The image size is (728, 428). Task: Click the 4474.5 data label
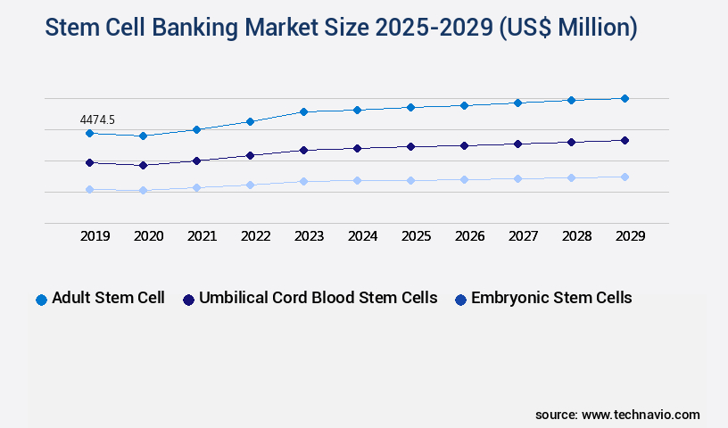[97, 119]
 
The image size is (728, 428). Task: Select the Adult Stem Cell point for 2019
[89, 134]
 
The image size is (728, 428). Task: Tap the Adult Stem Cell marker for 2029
[625, 98]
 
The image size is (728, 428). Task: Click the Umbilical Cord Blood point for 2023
[303, 150]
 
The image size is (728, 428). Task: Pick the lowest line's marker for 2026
[464, 179]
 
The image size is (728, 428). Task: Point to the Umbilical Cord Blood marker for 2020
[143, 165]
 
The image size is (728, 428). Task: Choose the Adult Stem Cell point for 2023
[303, 111]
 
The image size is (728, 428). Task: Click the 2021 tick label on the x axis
[202, 236]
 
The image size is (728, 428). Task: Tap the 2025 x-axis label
[416, 236]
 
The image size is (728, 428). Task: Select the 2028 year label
[576, 236]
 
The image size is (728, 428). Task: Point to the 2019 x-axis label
[95, 236]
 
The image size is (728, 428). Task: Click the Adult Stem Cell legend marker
[41, 300]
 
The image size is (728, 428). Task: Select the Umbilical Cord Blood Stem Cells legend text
[318, 298]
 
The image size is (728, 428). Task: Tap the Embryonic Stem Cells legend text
[551, 298]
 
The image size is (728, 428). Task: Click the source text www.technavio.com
[641, 415]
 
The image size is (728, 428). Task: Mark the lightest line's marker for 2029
[625, 177]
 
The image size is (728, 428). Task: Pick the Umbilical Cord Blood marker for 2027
[517, 144]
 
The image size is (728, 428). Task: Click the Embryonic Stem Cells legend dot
[460, 300]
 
